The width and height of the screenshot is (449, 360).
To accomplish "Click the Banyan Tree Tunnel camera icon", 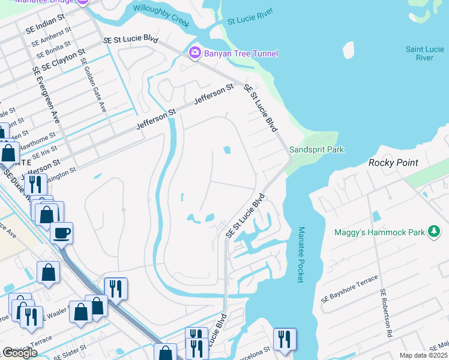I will click(x=194, y=53).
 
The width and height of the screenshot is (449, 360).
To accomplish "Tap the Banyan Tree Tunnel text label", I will click(x=241, y=54).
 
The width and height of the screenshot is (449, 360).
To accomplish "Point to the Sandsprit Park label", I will click(x=316, y=149).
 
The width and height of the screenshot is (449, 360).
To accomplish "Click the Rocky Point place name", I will click(x=393, y=163).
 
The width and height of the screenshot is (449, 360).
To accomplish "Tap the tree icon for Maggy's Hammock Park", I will click(x=435, y=232).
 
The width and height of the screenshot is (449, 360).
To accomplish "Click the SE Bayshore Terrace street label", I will click(x=350, y=289).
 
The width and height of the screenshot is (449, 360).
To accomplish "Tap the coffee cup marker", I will click(x=61, y=233).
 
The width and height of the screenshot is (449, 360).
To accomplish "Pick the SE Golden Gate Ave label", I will click(x=93, y=86).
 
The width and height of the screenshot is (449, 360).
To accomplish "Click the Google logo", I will click(x=20, y=353).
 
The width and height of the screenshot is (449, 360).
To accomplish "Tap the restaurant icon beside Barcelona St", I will click(x=284, y=339).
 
